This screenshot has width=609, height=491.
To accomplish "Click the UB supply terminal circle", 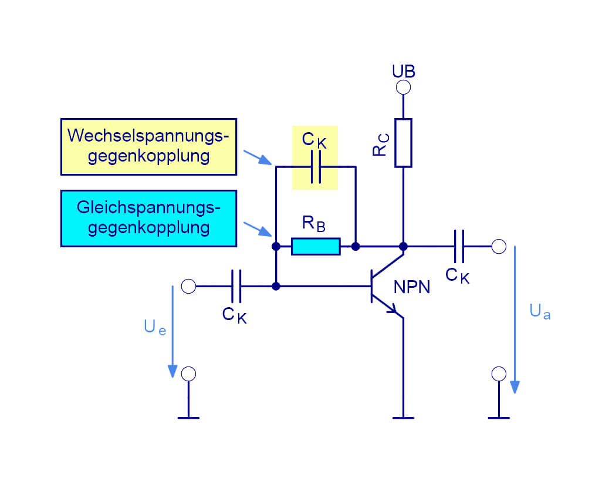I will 403,88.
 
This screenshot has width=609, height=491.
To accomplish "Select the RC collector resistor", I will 403,143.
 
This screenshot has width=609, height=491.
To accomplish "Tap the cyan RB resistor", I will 316,247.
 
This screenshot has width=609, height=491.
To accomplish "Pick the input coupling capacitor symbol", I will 236,286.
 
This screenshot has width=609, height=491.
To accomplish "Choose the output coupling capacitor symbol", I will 459,246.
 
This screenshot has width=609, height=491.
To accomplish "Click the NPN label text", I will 412,287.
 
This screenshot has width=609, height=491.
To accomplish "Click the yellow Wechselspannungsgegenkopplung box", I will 148,146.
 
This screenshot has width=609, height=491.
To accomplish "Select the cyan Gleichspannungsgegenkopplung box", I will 148,218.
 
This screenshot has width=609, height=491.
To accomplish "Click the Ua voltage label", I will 540,311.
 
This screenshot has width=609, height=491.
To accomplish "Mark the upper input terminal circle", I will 188,286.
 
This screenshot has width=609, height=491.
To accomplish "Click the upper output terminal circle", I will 499,246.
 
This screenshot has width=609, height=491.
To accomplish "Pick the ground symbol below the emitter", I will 403,418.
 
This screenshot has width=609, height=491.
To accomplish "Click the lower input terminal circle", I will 188,374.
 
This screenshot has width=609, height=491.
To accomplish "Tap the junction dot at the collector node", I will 403,246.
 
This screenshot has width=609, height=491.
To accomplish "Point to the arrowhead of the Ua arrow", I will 515,387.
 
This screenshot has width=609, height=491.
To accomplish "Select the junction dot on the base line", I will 276,286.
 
